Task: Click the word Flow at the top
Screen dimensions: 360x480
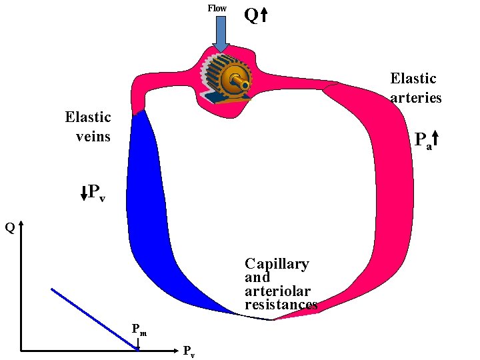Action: click(x=217, y=8)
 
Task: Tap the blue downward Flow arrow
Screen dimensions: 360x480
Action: click(x=221, y=33)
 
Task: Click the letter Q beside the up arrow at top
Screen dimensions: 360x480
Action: click(x=251, y=15)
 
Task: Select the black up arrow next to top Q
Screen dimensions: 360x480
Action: click(x=264, y=15)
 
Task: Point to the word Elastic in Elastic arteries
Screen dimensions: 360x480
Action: click(x=413, y=79)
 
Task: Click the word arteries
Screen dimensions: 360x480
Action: click(x=416, y=97)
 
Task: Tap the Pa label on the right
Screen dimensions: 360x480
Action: click(x=423, y=141)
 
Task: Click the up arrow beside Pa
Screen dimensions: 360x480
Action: click(x=436, y=139)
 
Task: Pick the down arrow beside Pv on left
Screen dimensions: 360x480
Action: click(x=83, y=193)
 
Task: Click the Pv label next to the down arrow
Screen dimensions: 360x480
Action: click(x=97, y=194)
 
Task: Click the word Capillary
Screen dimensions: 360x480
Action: click(x=277, y=264)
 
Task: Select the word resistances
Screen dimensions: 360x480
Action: click(x=281, y=305)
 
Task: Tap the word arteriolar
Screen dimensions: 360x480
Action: click(x=277, y=291)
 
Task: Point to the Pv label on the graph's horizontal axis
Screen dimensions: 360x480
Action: click(x=189, y=351)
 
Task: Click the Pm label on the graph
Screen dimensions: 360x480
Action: click(x=139, y=329)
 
